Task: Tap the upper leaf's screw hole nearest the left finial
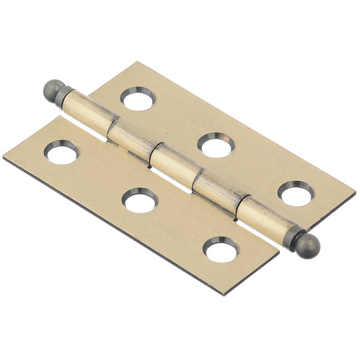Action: [x=138, y=99]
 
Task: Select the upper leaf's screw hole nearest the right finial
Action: [x=295, y=192]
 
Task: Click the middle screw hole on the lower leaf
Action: [x=140, y=200]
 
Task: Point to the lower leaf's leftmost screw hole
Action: [x=62, y=152]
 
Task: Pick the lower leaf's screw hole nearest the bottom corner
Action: [x=221, y=249]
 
